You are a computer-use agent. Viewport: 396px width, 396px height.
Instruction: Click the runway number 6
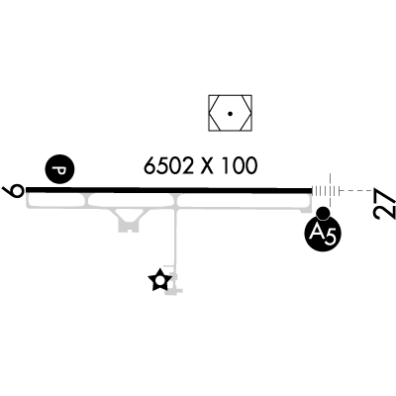pos(13,191)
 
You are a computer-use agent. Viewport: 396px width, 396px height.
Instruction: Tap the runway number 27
pos(384,203)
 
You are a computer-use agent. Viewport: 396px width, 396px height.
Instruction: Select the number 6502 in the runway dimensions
pos(168,165)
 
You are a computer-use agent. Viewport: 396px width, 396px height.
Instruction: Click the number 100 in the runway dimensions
pos(240,165)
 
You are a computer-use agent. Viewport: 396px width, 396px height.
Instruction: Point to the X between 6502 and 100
pos(208,165)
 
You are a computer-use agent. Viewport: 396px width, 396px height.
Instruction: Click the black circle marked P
pos(59,169)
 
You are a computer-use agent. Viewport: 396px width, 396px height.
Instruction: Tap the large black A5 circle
pos(323,234)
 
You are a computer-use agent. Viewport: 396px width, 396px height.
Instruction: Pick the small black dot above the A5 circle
pos(323,213)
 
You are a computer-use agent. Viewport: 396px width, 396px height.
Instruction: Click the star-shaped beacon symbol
pos(160,280)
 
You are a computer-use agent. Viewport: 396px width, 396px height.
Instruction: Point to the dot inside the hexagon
pos(230,114)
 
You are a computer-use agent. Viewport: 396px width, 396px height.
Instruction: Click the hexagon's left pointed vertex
pos(210,114)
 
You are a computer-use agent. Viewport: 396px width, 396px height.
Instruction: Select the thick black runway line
pos(169,190)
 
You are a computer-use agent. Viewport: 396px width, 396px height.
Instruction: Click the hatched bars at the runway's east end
pos(326,191)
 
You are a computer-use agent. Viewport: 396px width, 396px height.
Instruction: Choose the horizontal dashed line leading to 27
pos(354,191)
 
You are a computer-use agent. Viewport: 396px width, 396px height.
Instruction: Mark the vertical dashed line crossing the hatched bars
pos(330,190)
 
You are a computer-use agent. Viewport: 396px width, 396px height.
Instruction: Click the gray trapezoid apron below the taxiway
pos(129,220)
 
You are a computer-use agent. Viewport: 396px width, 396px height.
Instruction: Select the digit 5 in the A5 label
pos(330,237)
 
